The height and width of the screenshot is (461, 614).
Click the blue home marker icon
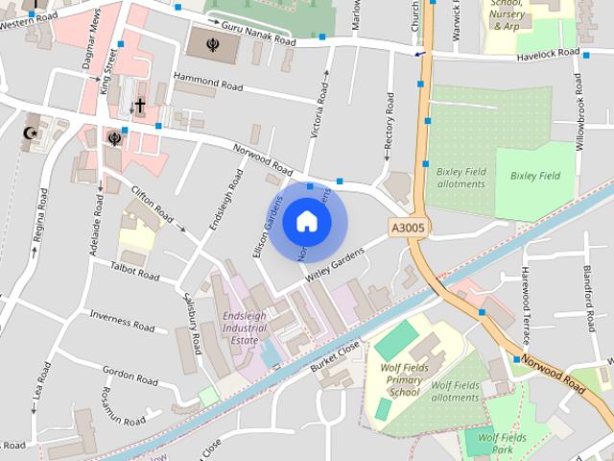click(x=307, y=221)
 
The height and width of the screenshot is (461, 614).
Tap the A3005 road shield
click(x=408, y=228)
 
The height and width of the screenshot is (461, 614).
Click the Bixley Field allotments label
click(x=461, y=178)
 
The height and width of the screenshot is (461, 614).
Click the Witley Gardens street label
click(x=335, y=265)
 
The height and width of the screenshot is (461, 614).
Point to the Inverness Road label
click(x=122, y=321)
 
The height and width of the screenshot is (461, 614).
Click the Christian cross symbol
click(x=139, y=105)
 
